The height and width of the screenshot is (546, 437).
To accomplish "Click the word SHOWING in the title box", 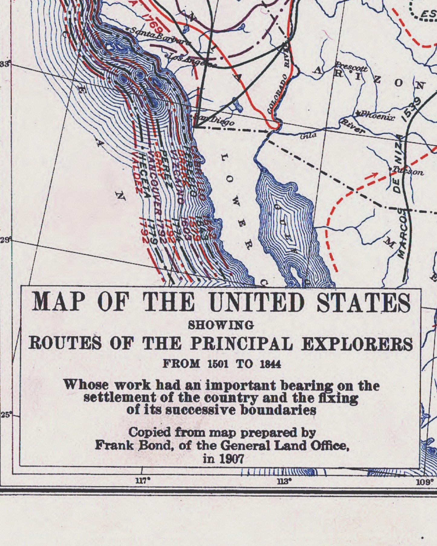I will pyautogui.click(x=221, y=325).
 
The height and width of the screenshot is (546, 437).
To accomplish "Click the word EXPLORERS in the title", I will pyautogui.click(x=357, y=344).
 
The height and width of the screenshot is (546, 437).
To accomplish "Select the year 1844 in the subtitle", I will pyautogui.click(x=270, y=364).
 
